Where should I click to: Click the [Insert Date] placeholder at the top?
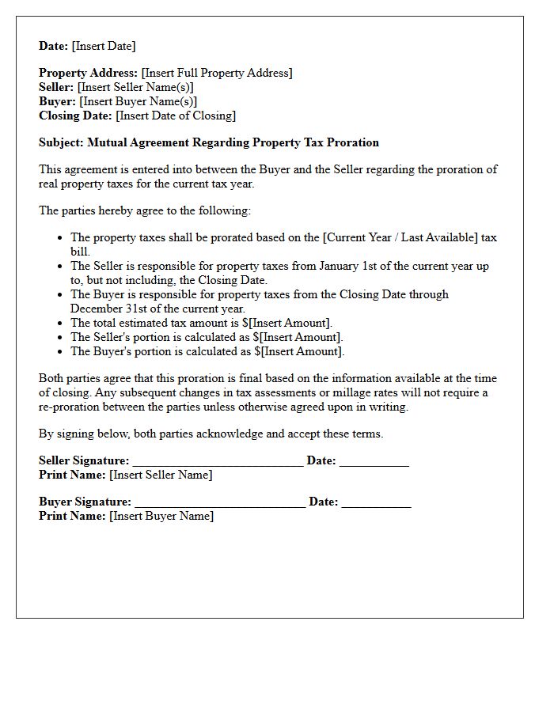pos(104,46)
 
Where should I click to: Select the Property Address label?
pos(88,73)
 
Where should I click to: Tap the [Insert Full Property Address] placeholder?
pos(217,73)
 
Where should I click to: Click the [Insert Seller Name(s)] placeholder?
pos(135,87)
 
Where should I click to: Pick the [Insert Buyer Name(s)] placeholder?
pos(138,101)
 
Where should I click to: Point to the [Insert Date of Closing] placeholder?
pos(176,116)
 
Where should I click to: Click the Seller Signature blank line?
pos(218,462)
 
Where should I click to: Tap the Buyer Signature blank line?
pos(220,503)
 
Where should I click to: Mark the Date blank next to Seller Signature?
pos(374,462)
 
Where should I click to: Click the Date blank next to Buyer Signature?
pos(376,503)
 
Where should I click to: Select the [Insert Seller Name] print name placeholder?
pos(161,475)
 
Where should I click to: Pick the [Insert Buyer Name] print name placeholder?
pos(161,516)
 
